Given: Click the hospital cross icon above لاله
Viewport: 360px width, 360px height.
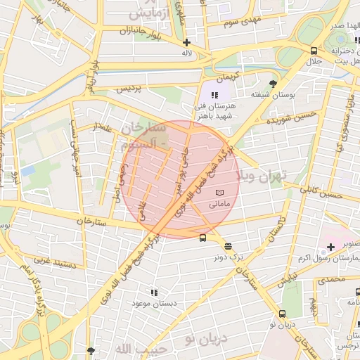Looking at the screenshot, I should [186, 42].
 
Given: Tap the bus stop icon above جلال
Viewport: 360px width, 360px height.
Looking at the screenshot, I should [313, 51].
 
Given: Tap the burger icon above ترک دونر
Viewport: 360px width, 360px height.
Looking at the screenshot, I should [228, 246].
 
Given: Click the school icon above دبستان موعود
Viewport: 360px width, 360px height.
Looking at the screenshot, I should [153, 292].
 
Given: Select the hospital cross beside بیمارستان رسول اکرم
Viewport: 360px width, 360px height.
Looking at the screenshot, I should [330, 247].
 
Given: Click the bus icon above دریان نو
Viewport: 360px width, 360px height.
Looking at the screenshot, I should [283, 314].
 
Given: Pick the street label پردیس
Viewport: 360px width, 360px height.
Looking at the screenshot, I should [129, 89].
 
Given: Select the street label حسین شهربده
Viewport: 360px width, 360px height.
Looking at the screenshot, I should [289, 120].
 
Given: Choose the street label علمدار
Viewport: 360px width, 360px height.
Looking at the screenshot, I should [101, 127].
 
